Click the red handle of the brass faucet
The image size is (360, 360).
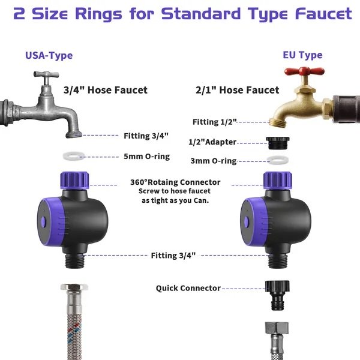pyautogui.click(x=304, y=71)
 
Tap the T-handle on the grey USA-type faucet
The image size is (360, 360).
pyautogui.click(x=46, y=74)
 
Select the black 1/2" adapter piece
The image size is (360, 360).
pyautogui.click(x=278, y=143)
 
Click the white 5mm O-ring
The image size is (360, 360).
pyautogui.click(x=73, y=157)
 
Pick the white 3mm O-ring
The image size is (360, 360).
pyautogui.click(x=278, y=160)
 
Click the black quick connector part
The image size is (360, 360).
pyautogui.click(x=277, y=295)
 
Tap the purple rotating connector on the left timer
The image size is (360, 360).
pyautogui.click(x=74, y=180)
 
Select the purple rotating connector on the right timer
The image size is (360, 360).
pyautogui.click(x=278, y=180)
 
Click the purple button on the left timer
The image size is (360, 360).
pyautogui.click(x=43, y=222)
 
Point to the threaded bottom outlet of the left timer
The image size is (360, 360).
pyautogui.click(x=74, y=260)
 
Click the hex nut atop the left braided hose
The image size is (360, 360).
pyautogui.click(x=74, y=287)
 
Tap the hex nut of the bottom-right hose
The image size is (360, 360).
pyautogui.click(x=277, y=328)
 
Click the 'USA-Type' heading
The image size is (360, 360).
pyautogui.click(x=49, y=56)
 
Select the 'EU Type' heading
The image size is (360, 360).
pyautogui.click(x=302, y=55)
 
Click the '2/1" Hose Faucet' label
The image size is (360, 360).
pyautogui.click(x=238, y=90)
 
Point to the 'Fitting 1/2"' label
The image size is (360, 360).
pyautogui.click(x=214, y=122)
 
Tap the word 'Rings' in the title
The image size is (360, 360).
pyautogui.click(x=98, y=14)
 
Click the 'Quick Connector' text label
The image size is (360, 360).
pyautogui.click(x=188, y=289)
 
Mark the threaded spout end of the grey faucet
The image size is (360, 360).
pyautogui.click(x=74, y=134)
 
